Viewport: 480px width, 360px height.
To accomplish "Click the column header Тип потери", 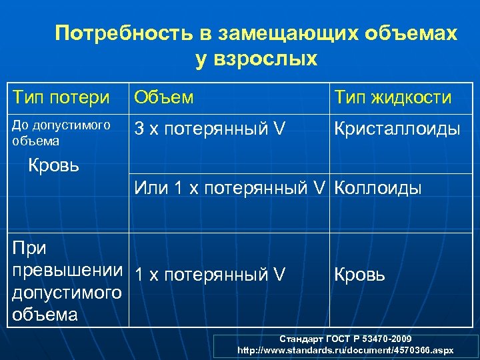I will pos(61,97).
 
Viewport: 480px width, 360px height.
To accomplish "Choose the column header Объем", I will pos(164,97).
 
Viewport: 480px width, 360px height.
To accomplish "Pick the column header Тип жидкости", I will pos(393,97).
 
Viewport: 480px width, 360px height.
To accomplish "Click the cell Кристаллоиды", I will pos(397,128).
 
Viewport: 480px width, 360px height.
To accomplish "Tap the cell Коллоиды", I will pos(377,189).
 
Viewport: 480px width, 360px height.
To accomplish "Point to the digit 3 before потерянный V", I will pos(139,128).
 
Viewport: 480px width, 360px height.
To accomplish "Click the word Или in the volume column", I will pos(150,189).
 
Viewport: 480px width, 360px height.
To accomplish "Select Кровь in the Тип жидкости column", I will pos(359,274).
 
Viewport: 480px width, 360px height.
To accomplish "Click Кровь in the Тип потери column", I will pos(53,165).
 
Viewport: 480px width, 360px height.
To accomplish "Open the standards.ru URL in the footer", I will pos(345,350).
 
